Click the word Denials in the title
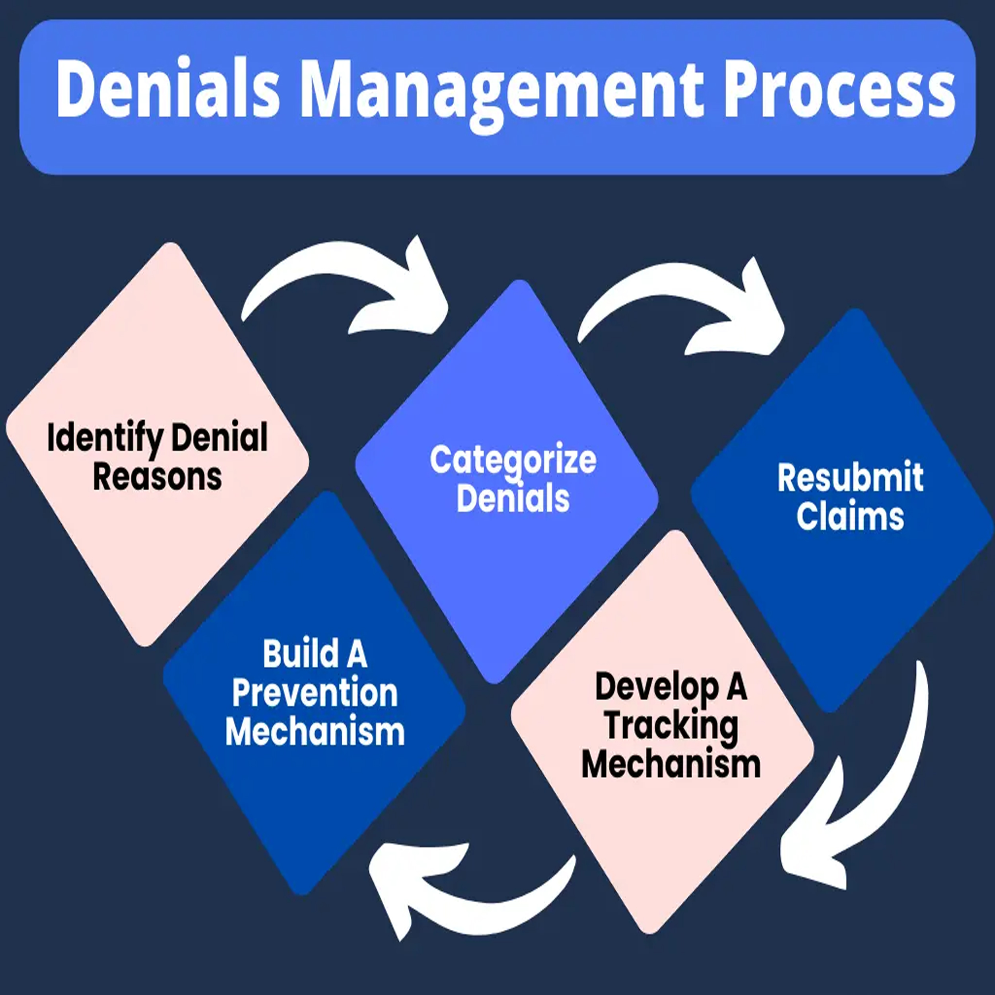coord(168,89)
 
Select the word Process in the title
coord(839,89)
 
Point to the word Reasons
coord(157,477)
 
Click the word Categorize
coord(513,460)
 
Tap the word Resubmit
coord(850,478)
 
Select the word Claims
coord(850,517)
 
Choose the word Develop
coord(657,687)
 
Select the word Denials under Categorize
coord(513,499)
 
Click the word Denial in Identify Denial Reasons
coord(219,437)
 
